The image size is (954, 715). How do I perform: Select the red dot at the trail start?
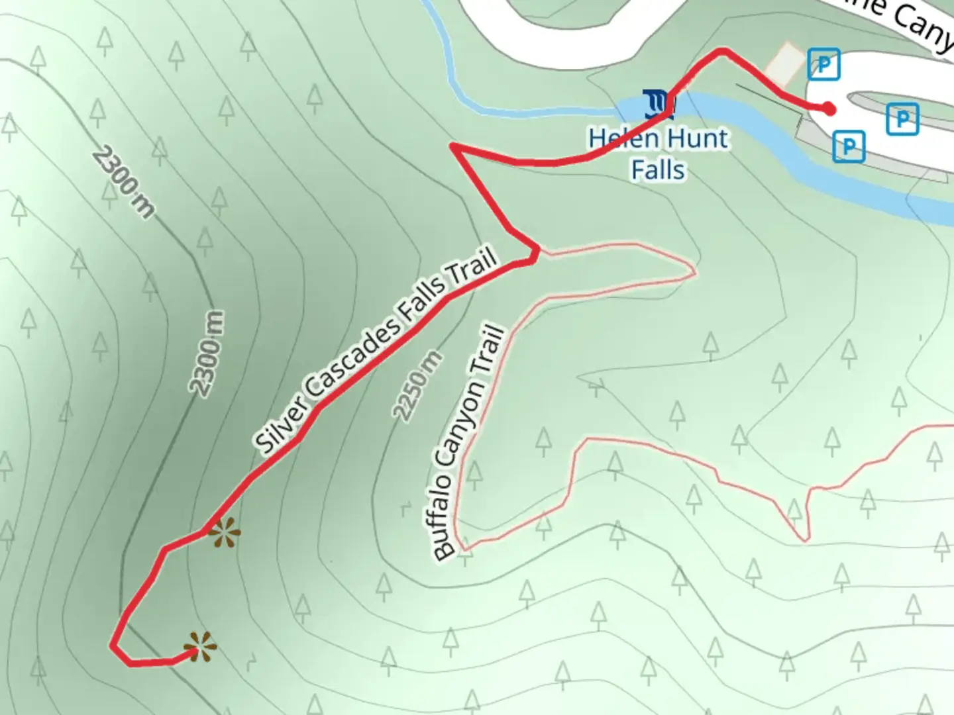[829, 109]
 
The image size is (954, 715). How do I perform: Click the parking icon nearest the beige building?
[823, 64]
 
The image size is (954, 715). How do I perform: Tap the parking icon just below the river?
[849, 146]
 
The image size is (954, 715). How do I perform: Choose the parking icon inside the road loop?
[902, 119]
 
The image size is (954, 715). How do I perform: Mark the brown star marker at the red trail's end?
[199, 647]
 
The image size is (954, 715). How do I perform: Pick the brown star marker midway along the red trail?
[224, 532]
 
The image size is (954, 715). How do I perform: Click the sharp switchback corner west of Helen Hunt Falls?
[452, 144]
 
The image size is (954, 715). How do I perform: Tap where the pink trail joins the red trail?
[538, 251]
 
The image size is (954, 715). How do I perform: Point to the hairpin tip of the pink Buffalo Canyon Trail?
[694, 270]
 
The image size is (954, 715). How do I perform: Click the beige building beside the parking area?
[784, 64]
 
